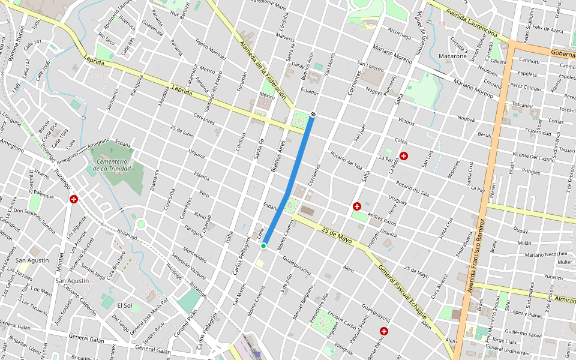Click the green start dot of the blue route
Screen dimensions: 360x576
[x=263, y=246]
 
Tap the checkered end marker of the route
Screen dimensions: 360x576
[x=313, y=114]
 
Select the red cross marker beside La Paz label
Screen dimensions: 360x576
[x=404, y=156]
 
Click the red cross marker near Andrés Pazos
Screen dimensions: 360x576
[x=357, y=206]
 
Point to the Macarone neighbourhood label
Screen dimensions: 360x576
[x=453, y=56]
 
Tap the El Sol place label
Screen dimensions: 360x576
[x=124, y=305]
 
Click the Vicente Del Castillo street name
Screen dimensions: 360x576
[x=533, y=158]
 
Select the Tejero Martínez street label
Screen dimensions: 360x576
[x=210, y=50]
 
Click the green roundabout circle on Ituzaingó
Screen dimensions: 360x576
[x=141, y=224]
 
